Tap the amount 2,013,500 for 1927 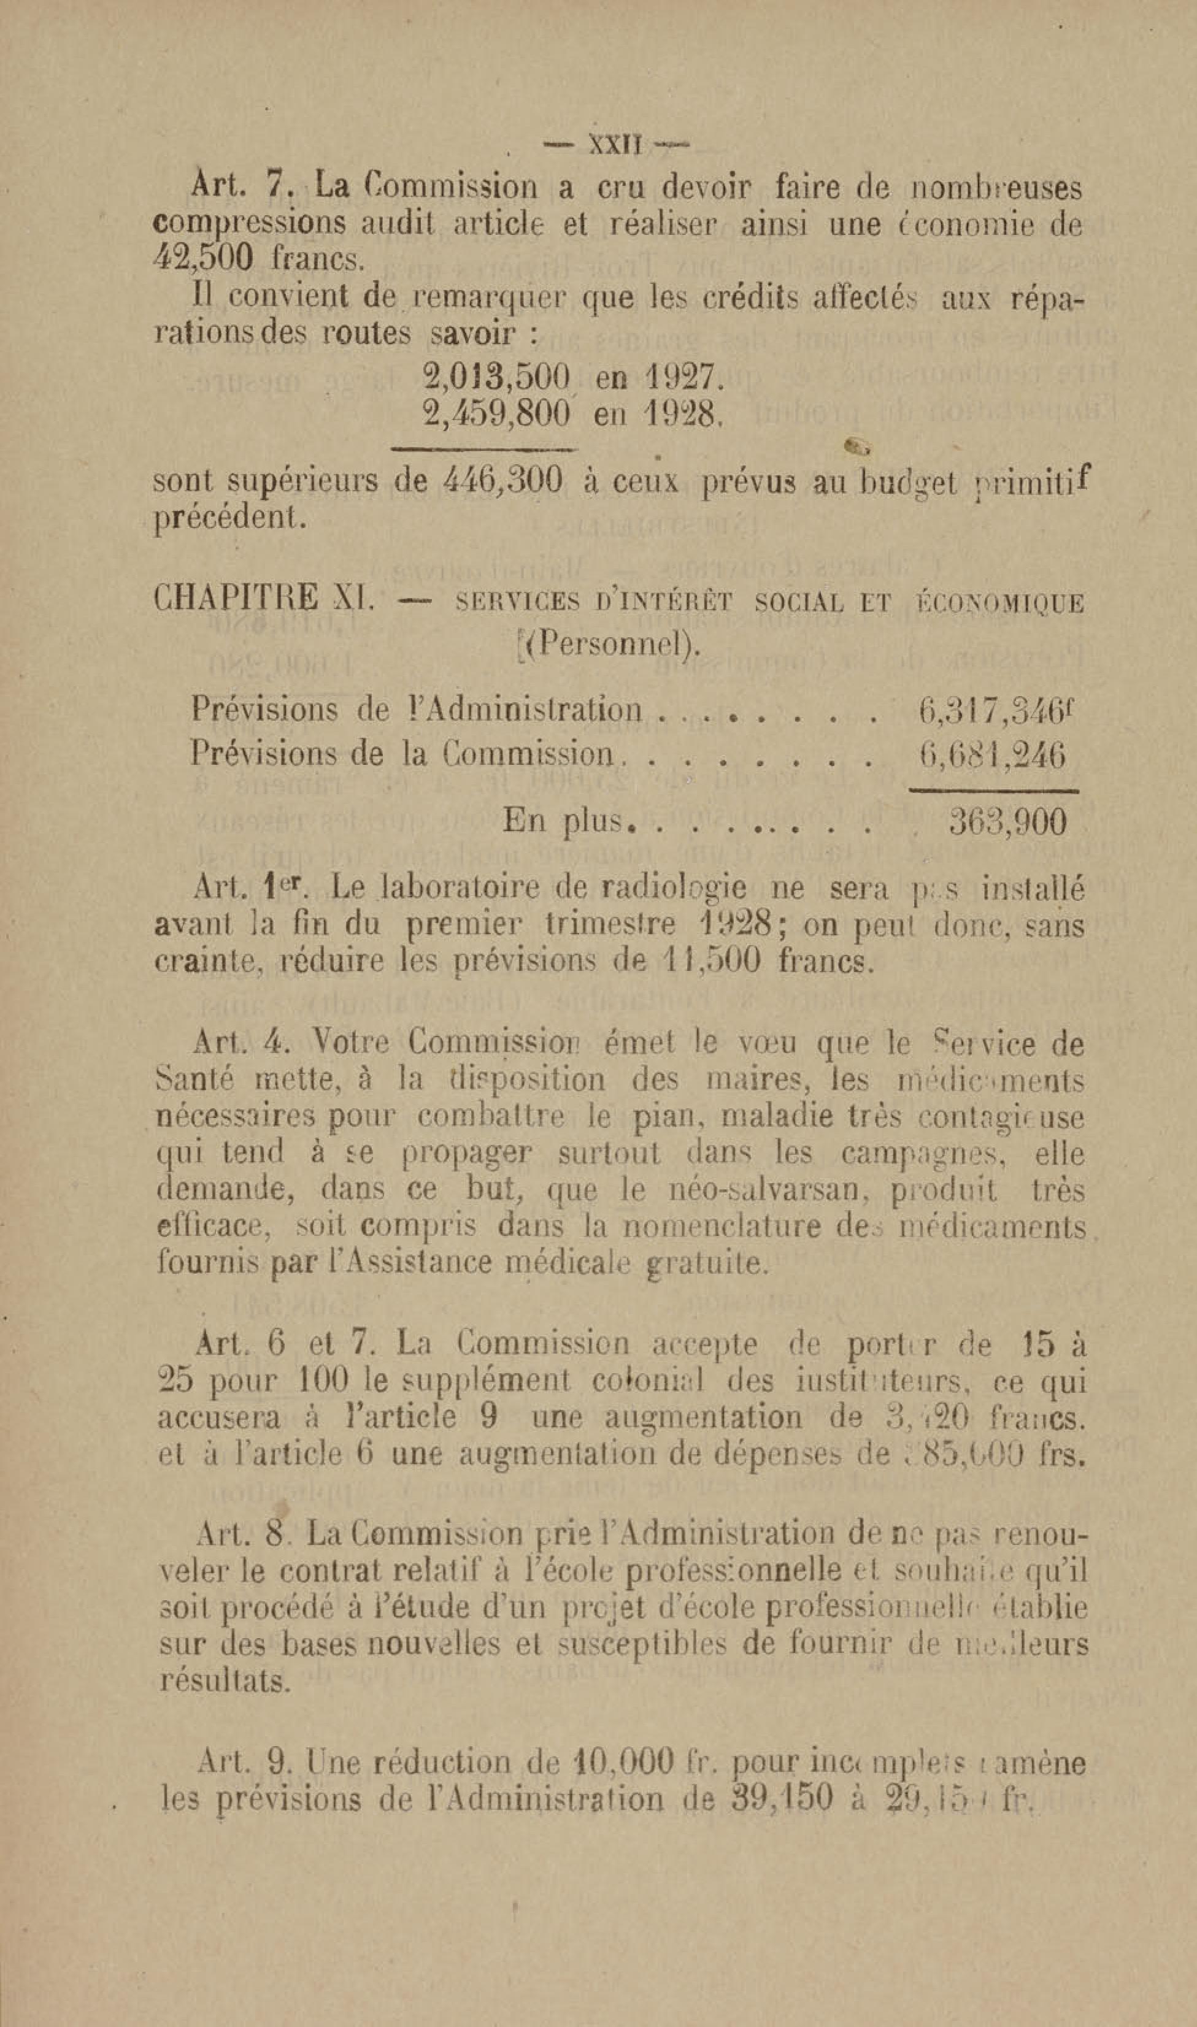(497, 377)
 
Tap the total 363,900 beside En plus (1007, 822)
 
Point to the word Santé (198, 1081)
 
